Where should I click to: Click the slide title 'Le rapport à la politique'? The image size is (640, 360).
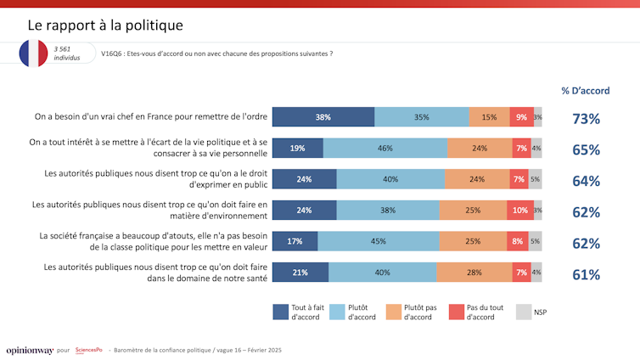(x=105, y=25)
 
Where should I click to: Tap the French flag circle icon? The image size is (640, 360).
(x=34, y=53)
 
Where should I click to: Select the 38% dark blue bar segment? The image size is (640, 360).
(x=323, y=117)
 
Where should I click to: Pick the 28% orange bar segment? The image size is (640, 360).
(x=473, y=273)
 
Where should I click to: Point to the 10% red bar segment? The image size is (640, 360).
(x=520, y=211)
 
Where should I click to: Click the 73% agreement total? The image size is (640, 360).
(x=586, y=118)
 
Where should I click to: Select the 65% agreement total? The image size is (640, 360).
(x=586, y=149)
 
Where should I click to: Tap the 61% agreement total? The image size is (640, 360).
(x=586, y=273)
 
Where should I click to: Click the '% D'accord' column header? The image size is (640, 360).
(x=586, y=91)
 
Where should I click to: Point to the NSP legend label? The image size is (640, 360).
(x=541, y=312)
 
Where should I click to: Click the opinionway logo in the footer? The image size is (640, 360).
(x=29, y=350)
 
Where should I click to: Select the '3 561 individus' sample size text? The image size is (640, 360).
(x=67, y=53)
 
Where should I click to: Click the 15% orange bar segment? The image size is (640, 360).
(x=489, y=117)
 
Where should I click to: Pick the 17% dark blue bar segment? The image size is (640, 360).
(x=295, y=241)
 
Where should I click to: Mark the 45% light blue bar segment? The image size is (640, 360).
(x=382, y=241)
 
